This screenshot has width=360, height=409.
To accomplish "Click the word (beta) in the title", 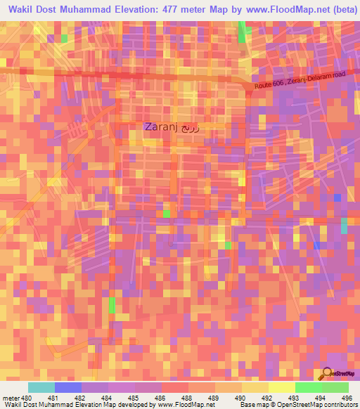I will pyautogui.click(x=339, y=9).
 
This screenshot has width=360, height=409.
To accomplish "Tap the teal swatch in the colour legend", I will pyautogui.click(x=41, y=387).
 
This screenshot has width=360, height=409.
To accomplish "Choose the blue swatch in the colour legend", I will pyautogui.click(x=67, y=387).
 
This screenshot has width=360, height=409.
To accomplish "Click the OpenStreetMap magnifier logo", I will pyautogui.click(x=326, y=373).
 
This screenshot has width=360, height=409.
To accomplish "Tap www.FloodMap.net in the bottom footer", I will pyautogui.click(x=186, y=405).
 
